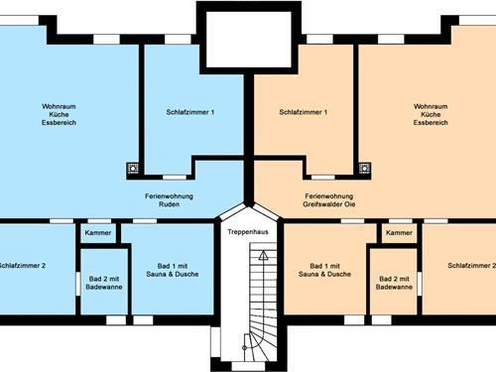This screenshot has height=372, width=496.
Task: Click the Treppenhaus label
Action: [248, 230]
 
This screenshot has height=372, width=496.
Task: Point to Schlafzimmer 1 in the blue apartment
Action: [190, 112]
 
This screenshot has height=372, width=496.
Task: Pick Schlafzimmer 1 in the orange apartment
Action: [304, 112]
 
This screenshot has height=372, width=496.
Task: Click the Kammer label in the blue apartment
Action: [98, 232]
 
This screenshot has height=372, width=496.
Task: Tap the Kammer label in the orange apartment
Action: [399, 232]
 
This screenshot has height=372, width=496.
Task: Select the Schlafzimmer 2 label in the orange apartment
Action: [471, 266]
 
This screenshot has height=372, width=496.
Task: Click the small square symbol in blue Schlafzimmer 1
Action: [133, 169]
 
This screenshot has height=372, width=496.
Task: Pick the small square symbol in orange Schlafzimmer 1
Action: [364, 169]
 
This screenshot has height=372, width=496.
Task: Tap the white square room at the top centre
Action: [248, 40]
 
